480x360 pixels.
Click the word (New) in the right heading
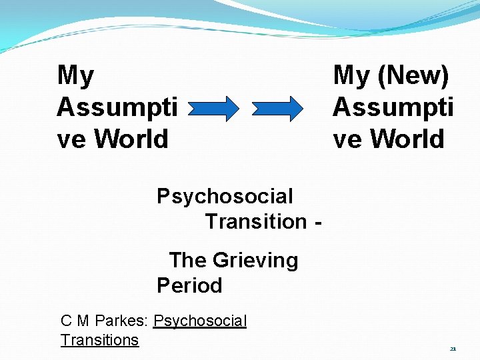(413, 75)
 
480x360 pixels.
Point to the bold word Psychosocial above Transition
(225, 197)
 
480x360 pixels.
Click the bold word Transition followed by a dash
(255, 221)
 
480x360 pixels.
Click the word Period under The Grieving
(189, 285)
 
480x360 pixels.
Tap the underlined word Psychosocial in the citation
(200, 321)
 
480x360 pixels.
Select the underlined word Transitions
(99, 340)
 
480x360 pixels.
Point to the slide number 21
(453, 349)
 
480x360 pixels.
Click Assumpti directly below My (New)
(393, 107)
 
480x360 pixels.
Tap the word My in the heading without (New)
(75, 75)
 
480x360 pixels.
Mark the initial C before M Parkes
(66, 321)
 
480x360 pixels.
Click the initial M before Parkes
(83, 321)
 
